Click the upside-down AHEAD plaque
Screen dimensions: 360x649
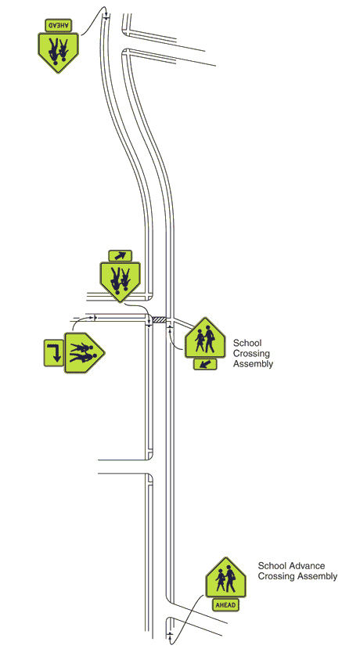(x=58, y=25)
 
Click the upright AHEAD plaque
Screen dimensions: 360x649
(x=226, y=604)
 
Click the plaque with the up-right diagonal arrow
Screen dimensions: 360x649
(x=120, y=256)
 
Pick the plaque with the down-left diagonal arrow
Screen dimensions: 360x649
(x=205, y=364)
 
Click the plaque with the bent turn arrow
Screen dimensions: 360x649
(x=54, y=352)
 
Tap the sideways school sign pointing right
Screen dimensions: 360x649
(x=85, y=352)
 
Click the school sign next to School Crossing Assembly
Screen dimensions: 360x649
(x=205, y=337)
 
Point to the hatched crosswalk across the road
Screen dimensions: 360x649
(x=160, y=319)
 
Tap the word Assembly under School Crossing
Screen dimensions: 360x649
(x=253, y=364)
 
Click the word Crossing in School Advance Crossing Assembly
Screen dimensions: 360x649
(x=272, y=576)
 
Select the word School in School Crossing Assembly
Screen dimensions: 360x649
(x=247, y=343)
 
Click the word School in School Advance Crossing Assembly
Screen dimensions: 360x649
(x=271, y=565)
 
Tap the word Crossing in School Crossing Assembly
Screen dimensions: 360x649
(x=251, y=354)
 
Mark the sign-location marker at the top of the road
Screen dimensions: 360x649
(x=106, y=17)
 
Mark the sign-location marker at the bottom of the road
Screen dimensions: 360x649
(x=170, y=634)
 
